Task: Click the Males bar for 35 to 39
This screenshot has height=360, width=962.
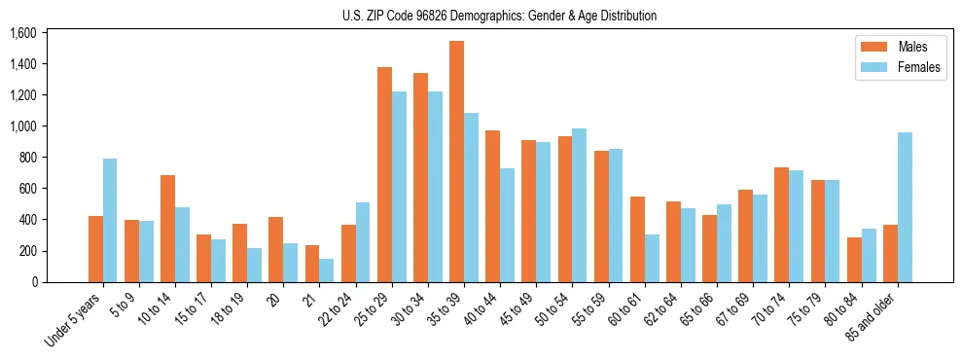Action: [x=456, y=162]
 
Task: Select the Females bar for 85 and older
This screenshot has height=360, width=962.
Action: [x=905, y=207]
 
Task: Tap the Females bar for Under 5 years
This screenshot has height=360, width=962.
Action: [x=110, y=220]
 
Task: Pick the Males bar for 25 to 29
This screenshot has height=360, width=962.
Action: [x=384, y=174]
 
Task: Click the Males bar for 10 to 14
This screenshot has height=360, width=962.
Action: [x=167, y=229]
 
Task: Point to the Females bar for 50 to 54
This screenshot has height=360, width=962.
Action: [x=580, y=205]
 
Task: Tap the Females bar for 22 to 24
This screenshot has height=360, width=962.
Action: [x=363, y=242]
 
